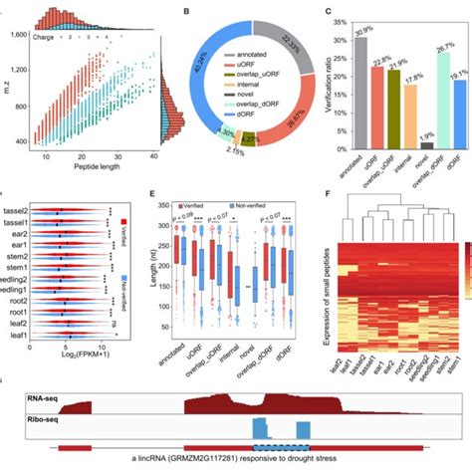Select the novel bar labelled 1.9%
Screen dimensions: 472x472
(x=400, y=144)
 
